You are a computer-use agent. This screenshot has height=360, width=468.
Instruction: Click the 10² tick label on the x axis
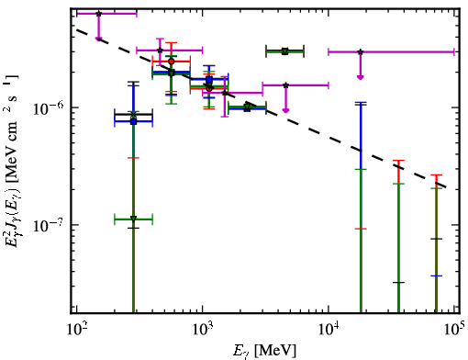pyautogui.click(x=75, y=330)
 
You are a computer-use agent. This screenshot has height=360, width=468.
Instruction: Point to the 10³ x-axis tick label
pyautogui.click(x=202, y=330)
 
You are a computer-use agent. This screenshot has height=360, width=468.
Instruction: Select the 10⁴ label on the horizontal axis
pyautogui.click(x=328, y=330)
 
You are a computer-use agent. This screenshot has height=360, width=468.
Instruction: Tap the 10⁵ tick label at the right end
pyautogui.click(x=453, y=330)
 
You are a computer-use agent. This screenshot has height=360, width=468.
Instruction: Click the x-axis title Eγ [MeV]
pyautogui.click(x=264, y=351)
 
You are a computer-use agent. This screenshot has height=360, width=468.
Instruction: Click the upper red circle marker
pyautogui.click(x=172, y=62)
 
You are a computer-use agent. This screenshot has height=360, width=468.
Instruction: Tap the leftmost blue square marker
pyautogui.click(x=133, y=121)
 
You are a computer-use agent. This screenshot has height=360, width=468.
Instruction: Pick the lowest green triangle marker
pyautogui.click(x=133, y=219)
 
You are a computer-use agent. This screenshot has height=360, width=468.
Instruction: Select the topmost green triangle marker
pyautogui.click(x=284, y=51)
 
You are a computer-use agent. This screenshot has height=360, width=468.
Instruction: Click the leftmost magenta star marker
pyautogui.click(x=98, y=14)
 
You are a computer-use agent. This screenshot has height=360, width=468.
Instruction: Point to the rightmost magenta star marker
pyautogui.click(x=361, y=51)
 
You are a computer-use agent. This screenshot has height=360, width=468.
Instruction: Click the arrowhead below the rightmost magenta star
pyautogui.click(x=361, y=77)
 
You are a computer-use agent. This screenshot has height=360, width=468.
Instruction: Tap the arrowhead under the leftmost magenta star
pyautogui.click(x=98, y=39)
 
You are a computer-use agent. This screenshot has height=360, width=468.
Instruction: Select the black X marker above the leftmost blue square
pyautogui.click(x=133, y=115)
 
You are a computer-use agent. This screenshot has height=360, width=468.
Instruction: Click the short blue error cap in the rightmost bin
pyautogui.click(x=436, y=276)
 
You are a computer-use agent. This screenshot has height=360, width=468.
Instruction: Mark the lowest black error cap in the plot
pyautogui.click(x=398, y=282)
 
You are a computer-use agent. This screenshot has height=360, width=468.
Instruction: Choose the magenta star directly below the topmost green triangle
pyautogui.click(x=285, y=85)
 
